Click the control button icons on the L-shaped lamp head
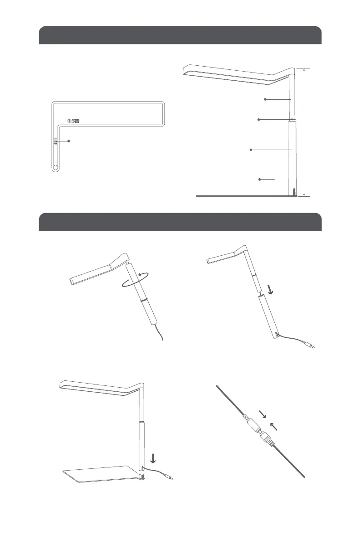pos(73,121)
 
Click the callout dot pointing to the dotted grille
pos(69,141)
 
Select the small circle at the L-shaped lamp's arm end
pos(55,167)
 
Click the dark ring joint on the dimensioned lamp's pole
pos(292,120)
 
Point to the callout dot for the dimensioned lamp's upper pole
pos(265,99)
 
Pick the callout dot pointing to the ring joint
pos(258,120)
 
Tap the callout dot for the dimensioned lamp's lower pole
pos(251,150)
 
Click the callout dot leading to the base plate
pos(259,180)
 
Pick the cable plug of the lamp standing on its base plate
pos(170,477)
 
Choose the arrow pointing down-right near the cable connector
pos(263,414)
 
